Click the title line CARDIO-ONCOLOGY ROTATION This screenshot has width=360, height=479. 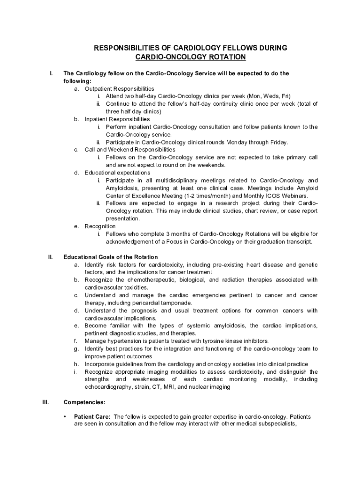[x=190, y=57]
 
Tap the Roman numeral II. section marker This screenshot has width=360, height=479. [x=51, y=257]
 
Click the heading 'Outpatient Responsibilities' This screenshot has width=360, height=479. [x=119, y=88]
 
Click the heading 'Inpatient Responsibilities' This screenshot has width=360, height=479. [x=117, y=119]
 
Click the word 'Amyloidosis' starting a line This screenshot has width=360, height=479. [x=121, y=188]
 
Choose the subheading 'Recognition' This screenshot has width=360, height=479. [x=100, y=226]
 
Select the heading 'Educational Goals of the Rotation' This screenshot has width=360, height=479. [x=111, y=257]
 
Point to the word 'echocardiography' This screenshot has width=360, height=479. [x=107, y=387]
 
